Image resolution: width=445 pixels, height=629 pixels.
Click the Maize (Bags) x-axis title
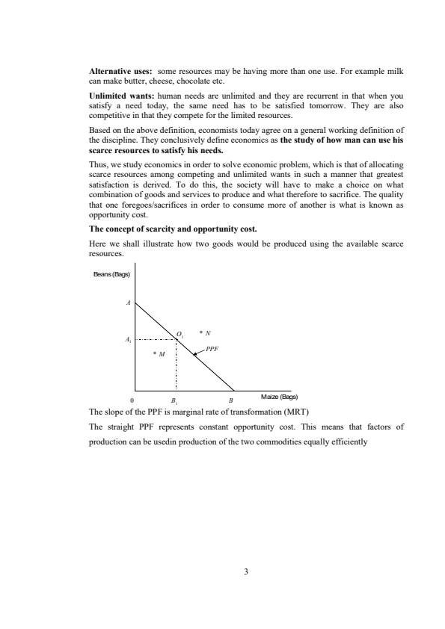[280, 397]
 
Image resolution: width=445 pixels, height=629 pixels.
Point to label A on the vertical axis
[128, 303]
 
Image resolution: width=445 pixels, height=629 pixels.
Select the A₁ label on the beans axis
[128, 339]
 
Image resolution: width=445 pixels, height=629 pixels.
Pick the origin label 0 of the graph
[132, 400]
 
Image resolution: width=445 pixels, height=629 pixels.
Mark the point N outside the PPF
[205, 332]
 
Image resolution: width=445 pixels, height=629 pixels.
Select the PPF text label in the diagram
[212, 348]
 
